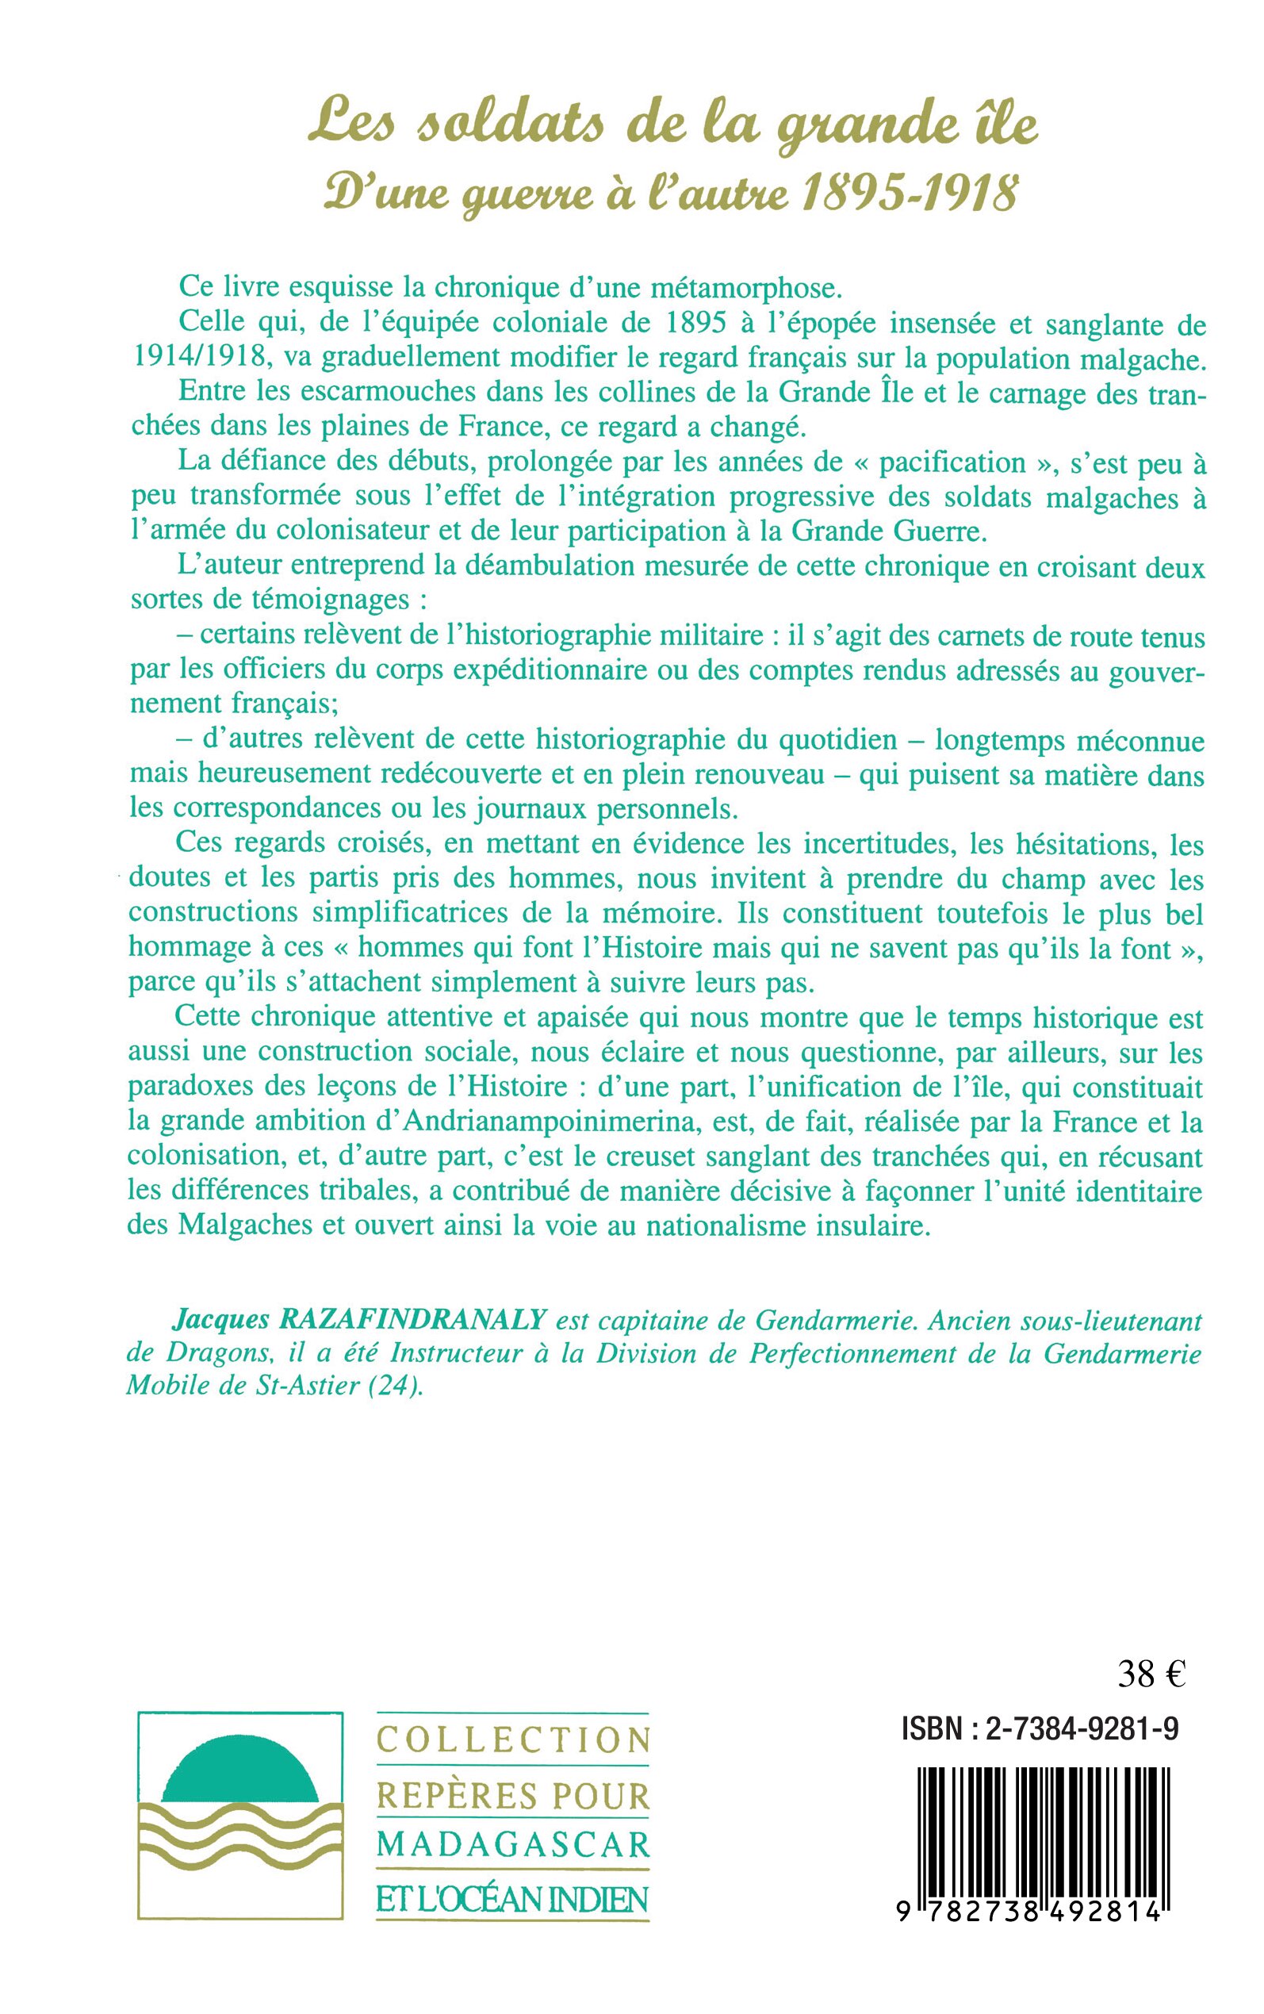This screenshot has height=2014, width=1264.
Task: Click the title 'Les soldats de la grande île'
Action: (x=673, y=128)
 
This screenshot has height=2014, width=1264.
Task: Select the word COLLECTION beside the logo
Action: (x=513, y=1740)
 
